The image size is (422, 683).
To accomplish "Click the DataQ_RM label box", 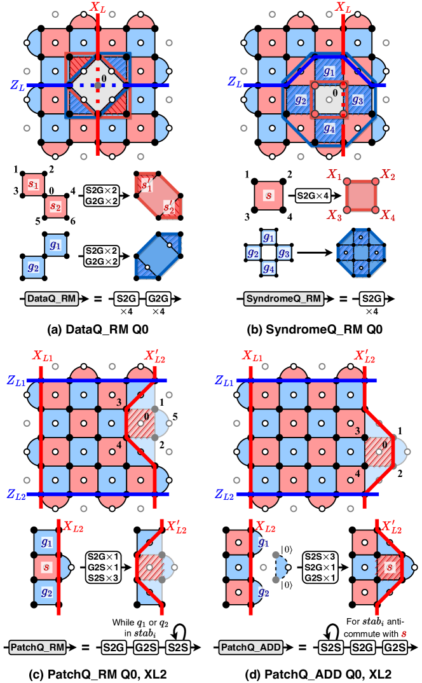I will (x=51, y=298).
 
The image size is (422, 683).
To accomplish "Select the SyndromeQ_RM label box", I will (x=283, y=298).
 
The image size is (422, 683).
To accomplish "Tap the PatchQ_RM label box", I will (x=37, y=647).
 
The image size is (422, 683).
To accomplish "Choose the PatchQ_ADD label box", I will (x=250, y=647).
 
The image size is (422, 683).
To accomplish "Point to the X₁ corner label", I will (x=334, y=174).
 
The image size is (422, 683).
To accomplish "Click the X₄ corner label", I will (x=388, y=216).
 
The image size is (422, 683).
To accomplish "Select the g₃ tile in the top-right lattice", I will (x=357, y=100).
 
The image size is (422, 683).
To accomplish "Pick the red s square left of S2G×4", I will (x=269, y=195).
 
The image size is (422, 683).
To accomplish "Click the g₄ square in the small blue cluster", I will (x=269, y=268).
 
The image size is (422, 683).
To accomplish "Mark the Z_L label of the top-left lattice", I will (x=17, y=83).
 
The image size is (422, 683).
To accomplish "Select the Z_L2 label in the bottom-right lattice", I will (x=226, y=494).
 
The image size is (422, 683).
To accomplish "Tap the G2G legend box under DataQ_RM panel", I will (x=158, y=298).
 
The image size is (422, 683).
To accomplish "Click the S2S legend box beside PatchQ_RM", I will (x=178, y=647).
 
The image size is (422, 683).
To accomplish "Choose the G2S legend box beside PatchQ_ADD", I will (x=395, y=647).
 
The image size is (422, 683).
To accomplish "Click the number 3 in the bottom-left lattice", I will (x=119, y=402).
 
